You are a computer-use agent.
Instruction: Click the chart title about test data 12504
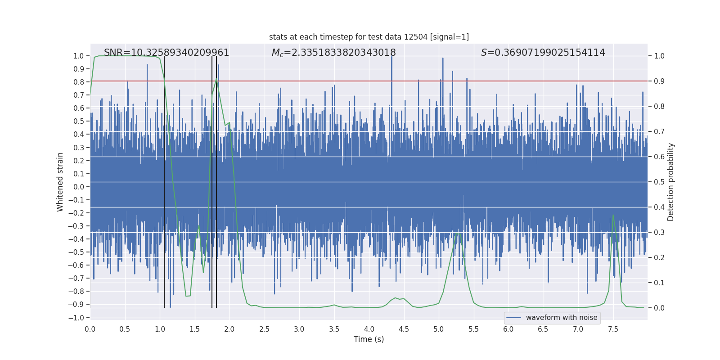[x=369, y=37]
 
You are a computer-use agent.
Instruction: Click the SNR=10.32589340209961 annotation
[x=166, y=53]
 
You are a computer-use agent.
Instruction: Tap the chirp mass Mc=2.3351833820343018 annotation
[x=333, y=53]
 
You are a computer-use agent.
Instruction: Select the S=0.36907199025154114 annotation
[x=543, y=53]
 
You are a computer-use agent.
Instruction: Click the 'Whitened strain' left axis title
[x=60, y=182]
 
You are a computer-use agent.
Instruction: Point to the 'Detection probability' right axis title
[x=671, y=182]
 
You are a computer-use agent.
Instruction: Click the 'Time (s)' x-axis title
[x=369, y=339]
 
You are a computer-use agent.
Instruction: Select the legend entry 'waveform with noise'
[x=552, y=318]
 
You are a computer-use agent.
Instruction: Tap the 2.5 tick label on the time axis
[x=264, y=329]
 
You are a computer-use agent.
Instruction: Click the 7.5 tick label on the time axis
[x=613, y=329]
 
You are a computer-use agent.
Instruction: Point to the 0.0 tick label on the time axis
[x=90, y=329]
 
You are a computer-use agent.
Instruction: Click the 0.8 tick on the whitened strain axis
[x=79, y=82]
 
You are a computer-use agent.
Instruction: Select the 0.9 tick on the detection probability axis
[x=659, y=81]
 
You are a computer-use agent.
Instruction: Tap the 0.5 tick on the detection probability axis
[x=659, y=182]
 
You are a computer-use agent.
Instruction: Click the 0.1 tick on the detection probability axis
[x=659, y=283]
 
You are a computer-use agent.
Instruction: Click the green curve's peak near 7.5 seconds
[x=613, y=215]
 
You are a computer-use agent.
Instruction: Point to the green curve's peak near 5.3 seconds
[x=459, y=234]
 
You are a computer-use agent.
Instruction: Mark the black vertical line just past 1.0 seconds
[x=164, y=180]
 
